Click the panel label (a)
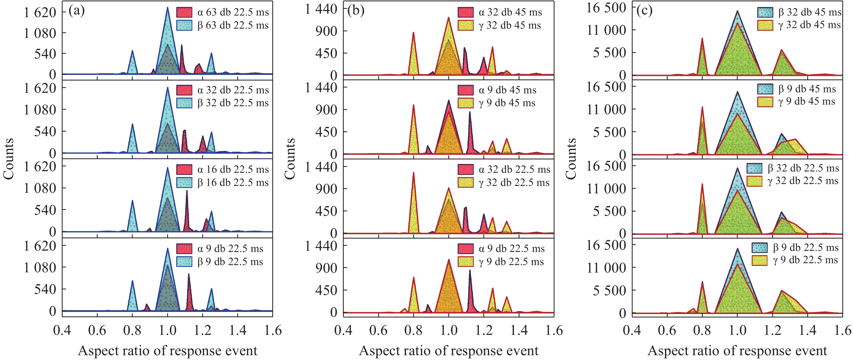point(76,11)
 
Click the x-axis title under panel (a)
point(167,351)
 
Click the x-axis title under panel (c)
point(737,351)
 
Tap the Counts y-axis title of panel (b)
point(290,159)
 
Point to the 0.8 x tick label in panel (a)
point(132,331)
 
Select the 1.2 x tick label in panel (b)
point(484,331)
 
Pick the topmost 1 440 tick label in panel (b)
point(321,9)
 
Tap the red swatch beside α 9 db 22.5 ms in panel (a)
point(184,249)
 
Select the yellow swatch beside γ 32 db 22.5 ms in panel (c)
point(755,181)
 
